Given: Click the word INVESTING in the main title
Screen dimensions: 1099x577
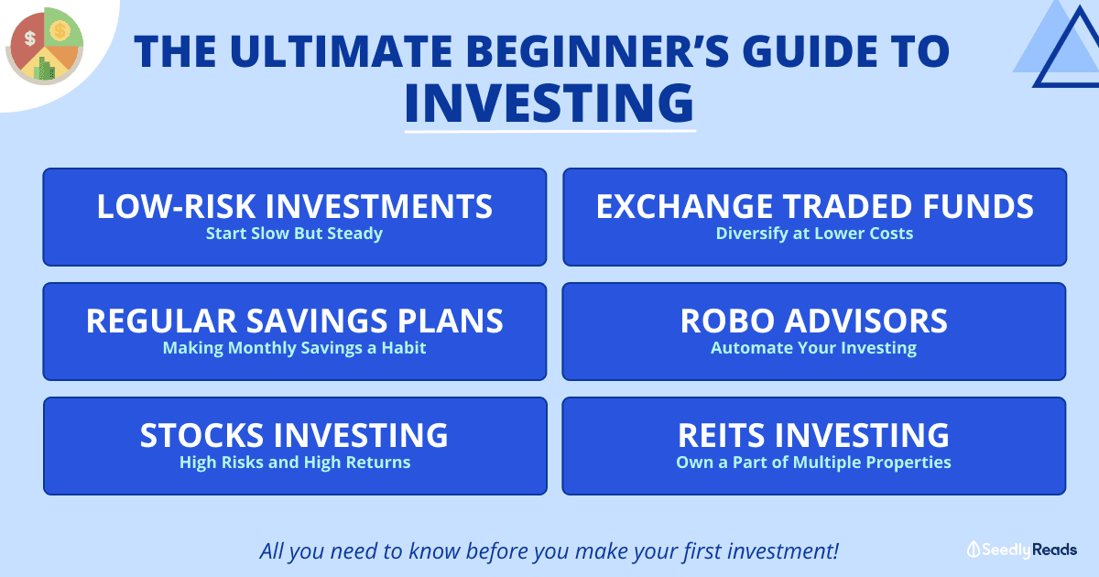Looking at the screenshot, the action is [549, 103].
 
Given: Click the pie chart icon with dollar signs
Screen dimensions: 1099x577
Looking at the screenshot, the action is [44, 46].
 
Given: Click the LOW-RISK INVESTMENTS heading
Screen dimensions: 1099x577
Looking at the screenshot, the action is [294, 206].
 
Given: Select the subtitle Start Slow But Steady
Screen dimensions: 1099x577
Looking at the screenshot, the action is [294, 234].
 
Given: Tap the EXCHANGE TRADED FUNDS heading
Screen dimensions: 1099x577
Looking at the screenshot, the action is [814, 206].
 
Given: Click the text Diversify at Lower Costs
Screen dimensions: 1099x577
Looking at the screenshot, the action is [814, 234].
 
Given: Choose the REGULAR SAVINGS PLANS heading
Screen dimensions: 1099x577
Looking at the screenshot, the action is [294, 321].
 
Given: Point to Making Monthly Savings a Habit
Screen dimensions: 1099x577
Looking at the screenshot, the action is [294, 348].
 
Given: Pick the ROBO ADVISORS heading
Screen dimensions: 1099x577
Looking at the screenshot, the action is [814, 321].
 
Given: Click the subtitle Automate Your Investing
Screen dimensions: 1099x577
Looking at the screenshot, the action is [814, 348].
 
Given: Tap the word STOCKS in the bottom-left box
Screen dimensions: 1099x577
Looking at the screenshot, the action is [201, 435].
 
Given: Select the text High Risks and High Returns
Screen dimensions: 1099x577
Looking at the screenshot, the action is [295, 463].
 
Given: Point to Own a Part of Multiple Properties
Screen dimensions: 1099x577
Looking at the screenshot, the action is [814, 463].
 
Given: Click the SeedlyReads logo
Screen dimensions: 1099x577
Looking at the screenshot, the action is [1022, 550].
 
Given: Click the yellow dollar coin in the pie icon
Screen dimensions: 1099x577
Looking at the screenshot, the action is [60, 30].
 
